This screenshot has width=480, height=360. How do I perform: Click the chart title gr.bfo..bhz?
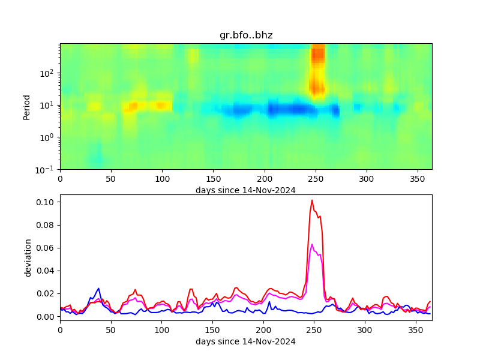[x=246, y=35]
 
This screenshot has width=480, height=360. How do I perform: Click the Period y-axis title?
[x=26, y=106]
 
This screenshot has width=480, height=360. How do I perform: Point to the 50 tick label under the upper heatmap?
[x=111, y=179]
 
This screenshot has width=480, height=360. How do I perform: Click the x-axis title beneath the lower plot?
[x=245, y=341]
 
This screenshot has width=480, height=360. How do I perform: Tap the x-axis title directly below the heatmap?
[x=245, y=190]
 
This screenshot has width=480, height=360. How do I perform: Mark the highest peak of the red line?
[x=312, y=200]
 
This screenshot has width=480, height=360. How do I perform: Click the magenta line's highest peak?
[x=312, y=244]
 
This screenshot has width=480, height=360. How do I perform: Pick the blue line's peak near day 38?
[x=98, y=288]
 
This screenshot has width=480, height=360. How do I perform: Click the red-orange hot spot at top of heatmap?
[x=317, y=54]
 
